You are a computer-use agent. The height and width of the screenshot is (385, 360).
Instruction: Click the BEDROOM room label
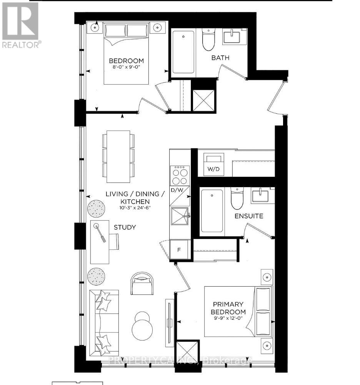coord(126,61)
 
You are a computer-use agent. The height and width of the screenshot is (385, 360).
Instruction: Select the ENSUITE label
coord(249,216)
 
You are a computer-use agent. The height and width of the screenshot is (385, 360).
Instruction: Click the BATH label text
coord(220,58)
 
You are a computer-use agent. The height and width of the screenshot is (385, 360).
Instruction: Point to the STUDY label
coord(125,227)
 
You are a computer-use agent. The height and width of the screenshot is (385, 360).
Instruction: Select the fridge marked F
coord(179,249)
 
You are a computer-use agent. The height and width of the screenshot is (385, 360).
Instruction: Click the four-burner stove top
coord(180,176)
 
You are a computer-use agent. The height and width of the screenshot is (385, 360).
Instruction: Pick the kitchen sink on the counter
coord(179,217)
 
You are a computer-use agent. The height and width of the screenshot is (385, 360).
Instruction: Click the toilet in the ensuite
coord(237,197)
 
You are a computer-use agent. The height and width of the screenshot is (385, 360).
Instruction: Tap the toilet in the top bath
coord(208,39)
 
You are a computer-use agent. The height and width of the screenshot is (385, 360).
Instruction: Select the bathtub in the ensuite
coord(211,211)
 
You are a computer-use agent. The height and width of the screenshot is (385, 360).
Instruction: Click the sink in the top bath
coord(231,37)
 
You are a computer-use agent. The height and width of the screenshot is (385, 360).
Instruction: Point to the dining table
coord(118,156)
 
